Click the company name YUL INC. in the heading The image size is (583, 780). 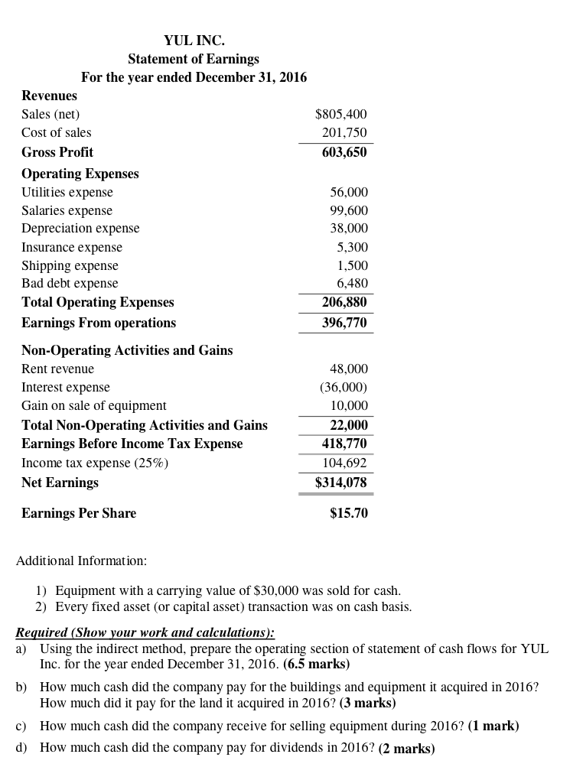pos(194,40)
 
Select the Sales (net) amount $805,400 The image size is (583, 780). pos(341,114)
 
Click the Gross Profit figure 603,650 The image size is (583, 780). pos(344,151)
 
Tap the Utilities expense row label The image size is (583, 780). pos(67,192)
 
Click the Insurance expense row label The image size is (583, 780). pos(72,247)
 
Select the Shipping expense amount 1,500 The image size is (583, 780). pos(353,265)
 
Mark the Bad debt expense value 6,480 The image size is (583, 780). pos(353,283)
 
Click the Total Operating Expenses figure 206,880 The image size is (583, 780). pos(344,302)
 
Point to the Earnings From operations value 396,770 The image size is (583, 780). pos(344,323)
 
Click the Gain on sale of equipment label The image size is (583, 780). pos(94,405)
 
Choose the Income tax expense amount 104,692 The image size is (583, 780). pos(344,463)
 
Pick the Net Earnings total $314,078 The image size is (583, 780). pos(341,483)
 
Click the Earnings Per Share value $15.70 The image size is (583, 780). pos(349,513)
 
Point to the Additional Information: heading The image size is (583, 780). pos(81,561)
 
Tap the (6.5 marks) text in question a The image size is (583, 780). pos(316,664)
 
